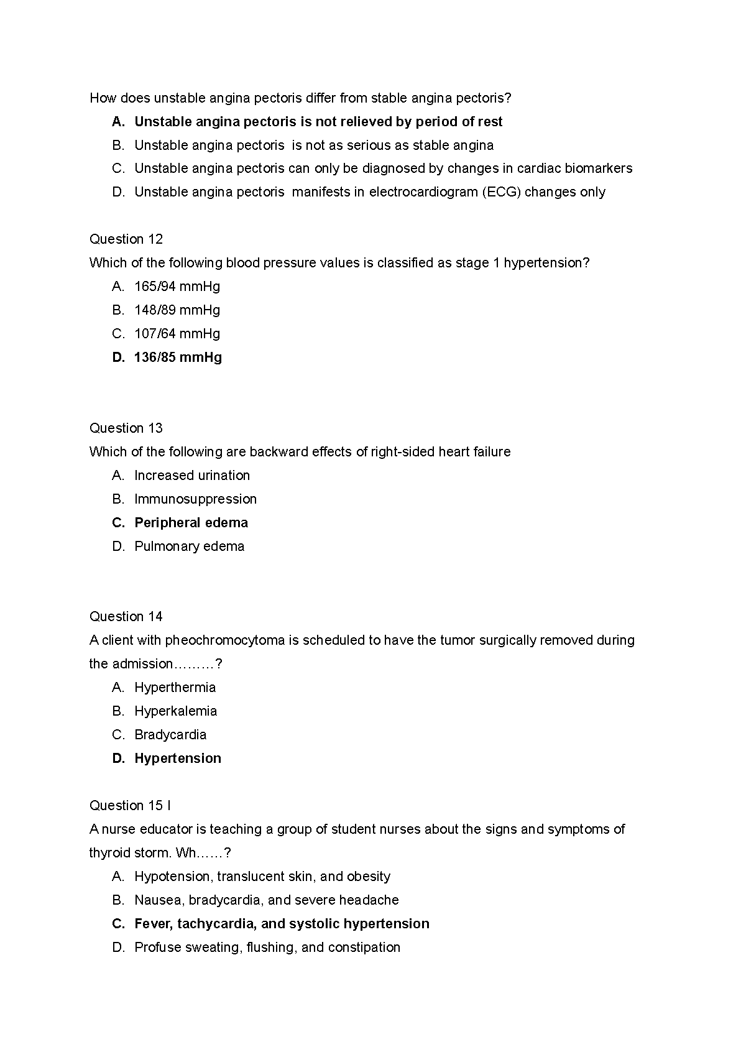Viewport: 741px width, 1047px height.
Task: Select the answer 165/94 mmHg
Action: coord(177,287)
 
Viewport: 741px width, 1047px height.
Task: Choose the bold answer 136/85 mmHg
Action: coord(178,357)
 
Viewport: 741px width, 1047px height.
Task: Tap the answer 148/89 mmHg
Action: coord(177,310)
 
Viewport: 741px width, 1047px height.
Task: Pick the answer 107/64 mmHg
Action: coord(177,334)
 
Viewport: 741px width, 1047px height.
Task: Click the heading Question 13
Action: coord(126,428)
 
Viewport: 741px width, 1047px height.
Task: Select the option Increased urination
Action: coord(192,476)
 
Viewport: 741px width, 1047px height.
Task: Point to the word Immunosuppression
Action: coord(195,499)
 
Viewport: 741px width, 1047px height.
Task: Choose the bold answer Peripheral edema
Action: coord(191,523)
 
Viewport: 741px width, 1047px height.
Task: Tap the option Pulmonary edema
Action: coord(189,547)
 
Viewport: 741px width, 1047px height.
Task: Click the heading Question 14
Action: coord(126,617)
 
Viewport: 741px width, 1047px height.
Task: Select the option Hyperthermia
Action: coord(175,688)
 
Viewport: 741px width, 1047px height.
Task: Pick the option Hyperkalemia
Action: coord(176,711)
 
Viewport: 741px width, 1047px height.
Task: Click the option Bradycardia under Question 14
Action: coord(170,735)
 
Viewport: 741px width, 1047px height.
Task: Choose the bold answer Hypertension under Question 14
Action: coord(178,759)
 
